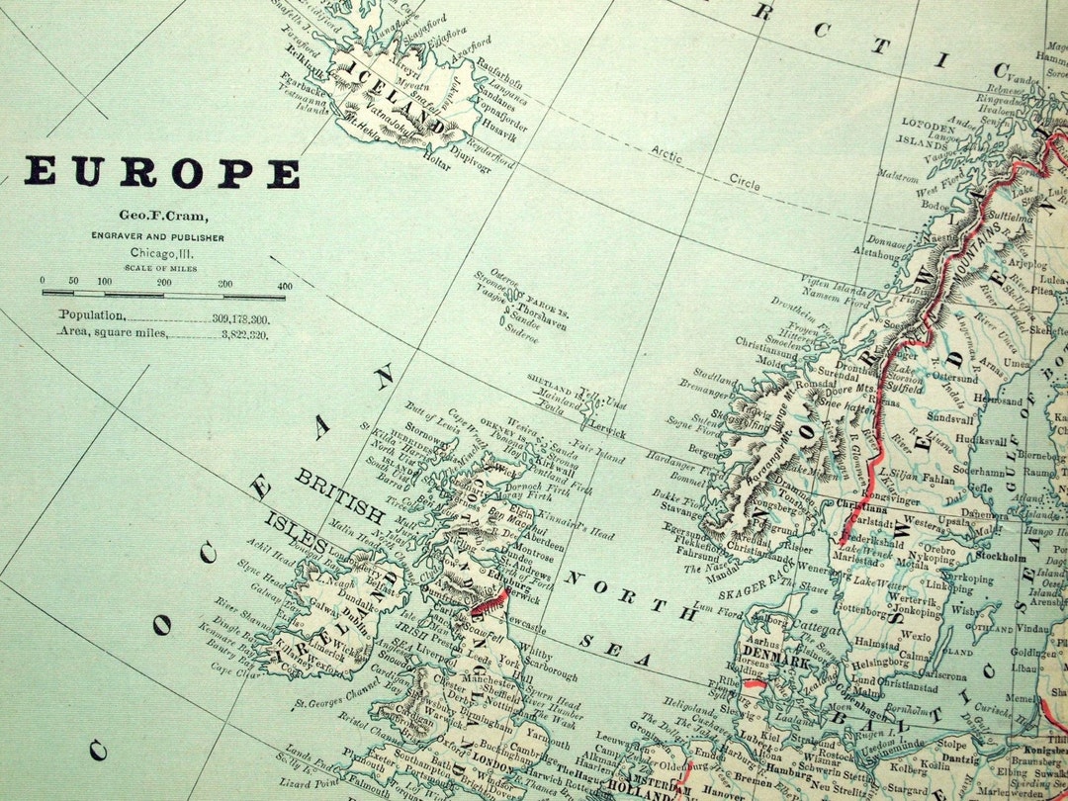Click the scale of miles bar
pos(163,294)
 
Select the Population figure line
pos(164,316)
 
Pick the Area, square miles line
pos(164,334)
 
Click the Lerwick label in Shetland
pos(604,432)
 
